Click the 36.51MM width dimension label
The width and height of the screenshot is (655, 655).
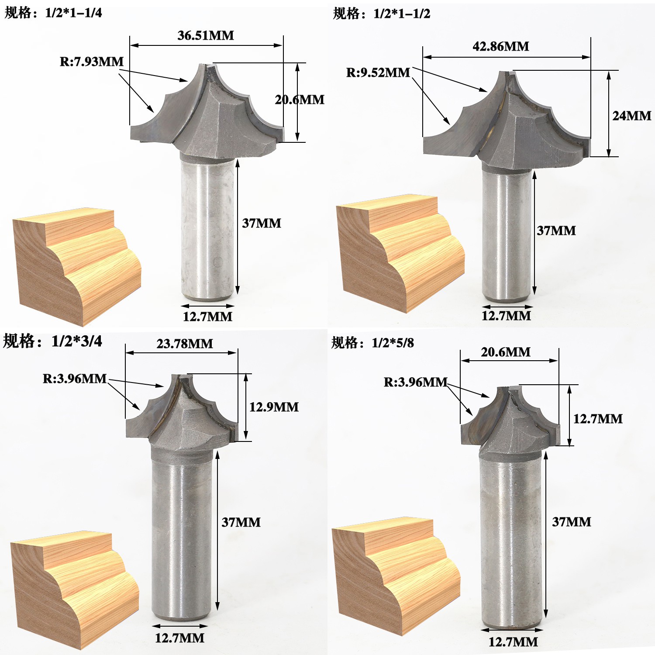206,35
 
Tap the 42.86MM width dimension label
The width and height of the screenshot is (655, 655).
500,46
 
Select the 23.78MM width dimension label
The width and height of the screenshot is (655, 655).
185,344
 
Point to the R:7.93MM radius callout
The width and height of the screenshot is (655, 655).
92,62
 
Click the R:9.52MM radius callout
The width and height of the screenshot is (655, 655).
378,72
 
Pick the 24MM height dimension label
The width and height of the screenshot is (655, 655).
631,116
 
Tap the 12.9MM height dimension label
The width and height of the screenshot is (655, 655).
274,407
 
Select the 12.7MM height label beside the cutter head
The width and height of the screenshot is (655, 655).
598,419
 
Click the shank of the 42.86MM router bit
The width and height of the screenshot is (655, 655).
507,236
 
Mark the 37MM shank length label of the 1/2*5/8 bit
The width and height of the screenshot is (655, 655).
572,522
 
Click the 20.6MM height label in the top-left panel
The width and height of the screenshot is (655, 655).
300,100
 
